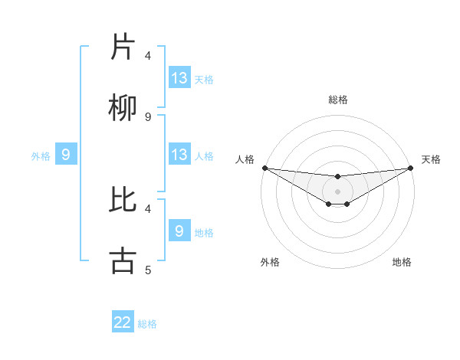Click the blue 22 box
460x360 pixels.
(123, 322)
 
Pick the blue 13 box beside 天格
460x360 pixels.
(179, 78)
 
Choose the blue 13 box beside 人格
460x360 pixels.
(179, 155)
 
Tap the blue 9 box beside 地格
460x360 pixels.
(179, 231)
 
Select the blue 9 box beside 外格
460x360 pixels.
(66, 155)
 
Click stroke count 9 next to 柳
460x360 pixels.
(148, 117)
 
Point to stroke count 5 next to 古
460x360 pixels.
(148, 270)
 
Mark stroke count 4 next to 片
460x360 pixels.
(148, 56)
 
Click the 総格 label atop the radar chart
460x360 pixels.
(338, 100)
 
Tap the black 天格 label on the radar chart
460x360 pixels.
(432, 159)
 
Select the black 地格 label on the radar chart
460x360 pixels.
(402, 262)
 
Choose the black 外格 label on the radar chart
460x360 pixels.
(270, 262)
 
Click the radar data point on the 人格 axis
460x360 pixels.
(264, 168)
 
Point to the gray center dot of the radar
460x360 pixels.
(338, 191)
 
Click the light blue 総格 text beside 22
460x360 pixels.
(147, 323)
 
